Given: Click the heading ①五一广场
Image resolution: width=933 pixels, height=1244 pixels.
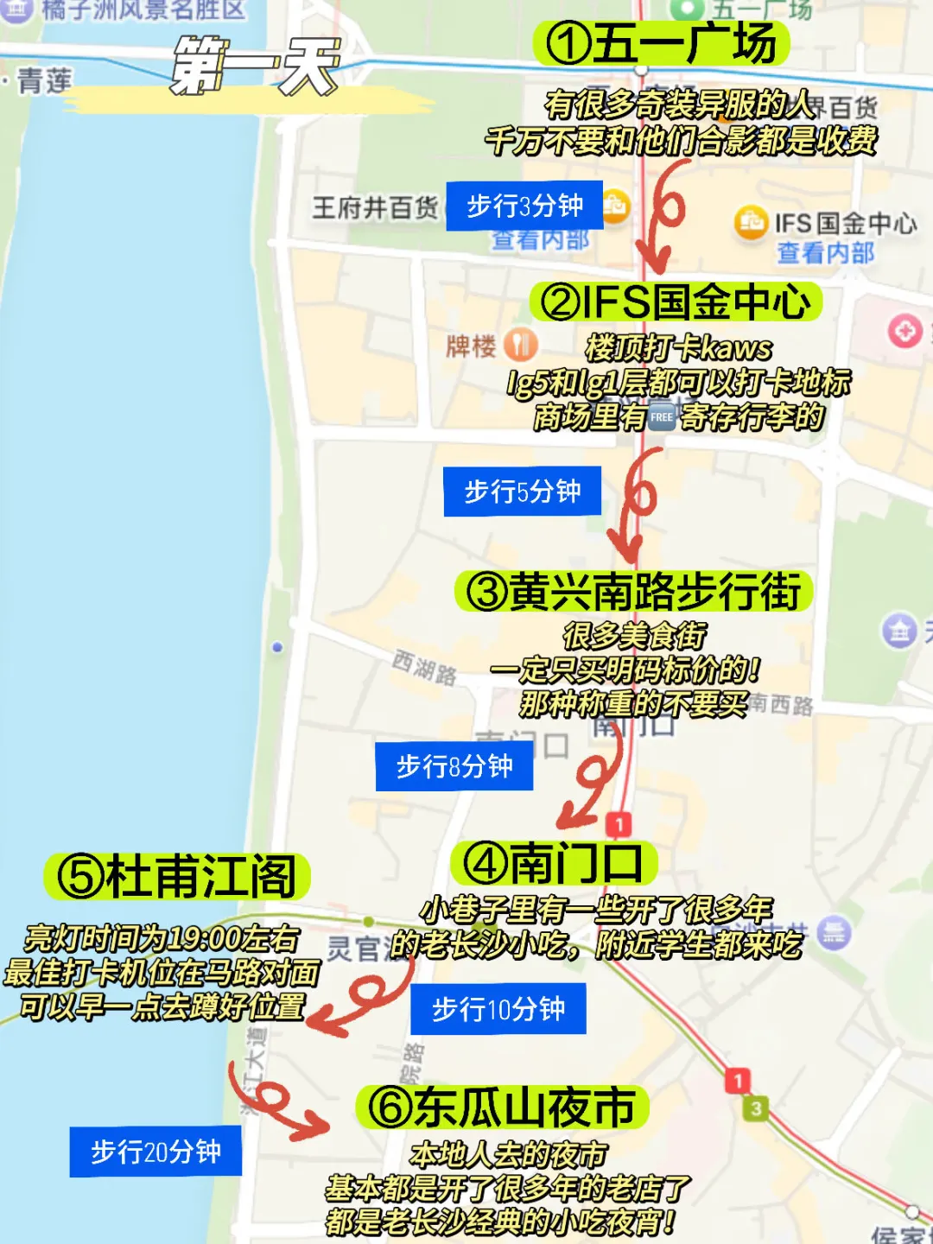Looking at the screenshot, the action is tap(662, 43).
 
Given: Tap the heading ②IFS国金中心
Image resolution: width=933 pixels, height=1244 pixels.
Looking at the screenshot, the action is tap(676, 302).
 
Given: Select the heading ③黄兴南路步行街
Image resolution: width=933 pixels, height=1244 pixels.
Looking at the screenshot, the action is tap(633, 592).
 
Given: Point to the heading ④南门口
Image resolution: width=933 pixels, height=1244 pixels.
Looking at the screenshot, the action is tap(554, 862).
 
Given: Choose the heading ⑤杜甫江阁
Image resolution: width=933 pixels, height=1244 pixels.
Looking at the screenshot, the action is tap(177, 876).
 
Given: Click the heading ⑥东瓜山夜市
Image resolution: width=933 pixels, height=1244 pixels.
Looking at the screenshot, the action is tap(502, 1108).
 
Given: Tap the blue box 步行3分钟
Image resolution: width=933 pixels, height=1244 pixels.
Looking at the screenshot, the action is tap(524, 206).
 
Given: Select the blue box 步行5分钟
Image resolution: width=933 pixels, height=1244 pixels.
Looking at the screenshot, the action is tap(522, 492).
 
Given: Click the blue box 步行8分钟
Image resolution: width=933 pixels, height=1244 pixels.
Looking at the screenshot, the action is tap(454, 766).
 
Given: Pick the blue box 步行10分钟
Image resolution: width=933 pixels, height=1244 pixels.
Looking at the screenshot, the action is tap(498, 1009).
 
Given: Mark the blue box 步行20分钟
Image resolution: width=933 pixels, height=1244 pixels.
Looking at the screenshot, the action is tap(155, 1152).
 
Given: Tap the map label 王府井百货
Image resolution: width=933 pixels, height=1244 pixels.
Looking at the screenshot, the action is tap(375, 208).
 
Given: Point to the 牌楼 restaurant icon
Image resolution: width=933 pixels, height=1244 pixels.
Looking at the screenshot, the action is tap(520, 345).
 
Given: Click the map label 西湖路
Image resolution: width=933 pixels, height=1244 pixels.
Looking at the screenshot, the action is tap(424, 668).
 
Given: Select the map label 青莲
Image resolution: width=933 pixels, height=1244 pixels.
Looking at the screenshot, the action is tap(43, 81).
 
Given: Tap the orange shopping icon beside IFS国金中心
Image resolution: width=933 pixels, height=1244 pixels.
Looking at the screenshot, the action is tap(750, 223).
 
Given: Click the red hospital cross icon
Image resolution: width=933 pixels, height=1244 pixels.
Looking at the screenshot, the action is tap(904, 331).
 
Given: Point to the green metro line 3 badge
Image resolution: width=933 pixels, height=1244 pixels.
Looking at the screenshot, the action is tap(756, 1108).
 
